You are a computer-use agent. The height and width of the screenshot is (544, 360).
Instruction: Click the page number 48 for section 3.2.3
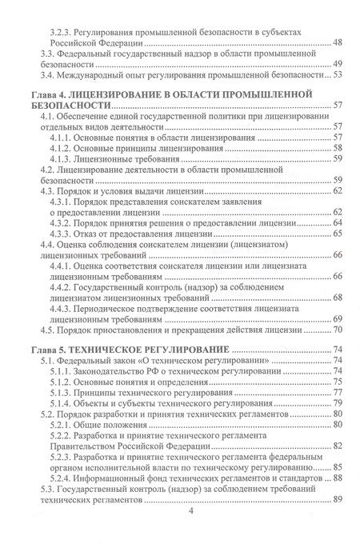(338, 42)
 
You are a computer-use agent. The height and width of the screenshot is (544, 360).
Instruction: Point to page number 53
(338, 75)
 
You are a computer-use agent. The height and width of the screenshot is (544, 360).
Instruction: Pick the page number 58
(338, 148)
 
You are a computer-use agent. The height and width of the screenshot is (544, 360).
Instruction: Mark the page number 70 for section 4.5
(338, 330)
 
